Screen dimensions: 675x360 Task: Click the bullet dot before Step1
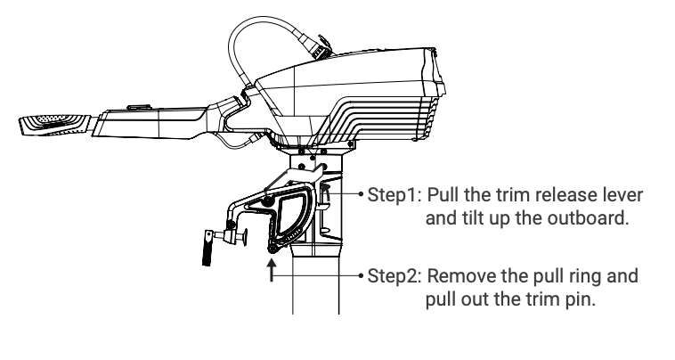(x=362, y=194)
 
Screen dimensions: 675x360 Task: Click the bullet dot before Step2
(x=362, y=274)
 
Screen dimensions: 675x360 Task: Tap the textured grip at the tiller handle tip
(x=54, y=125)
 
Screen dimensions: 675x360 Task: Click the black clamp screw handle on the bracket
(x=207, y=248)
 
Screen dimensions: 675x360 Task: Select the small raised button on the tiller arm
(x=139, y=107)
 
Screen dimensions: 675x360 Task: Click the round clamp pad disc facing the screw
(x=245, y=237)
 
